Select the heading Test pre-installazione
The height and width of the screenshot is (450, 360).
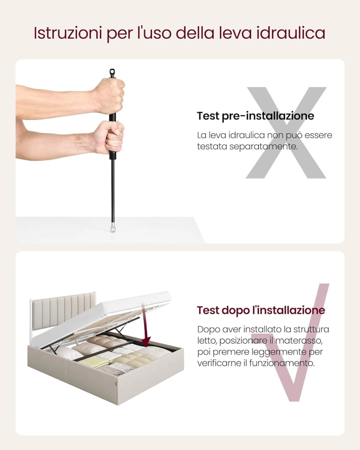click(x=255, y=116)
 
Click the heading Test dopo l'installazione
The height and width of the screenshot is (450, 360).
click(x=261, y=310)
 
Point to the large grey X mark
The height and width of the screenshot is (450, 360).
click(x=286, y=133)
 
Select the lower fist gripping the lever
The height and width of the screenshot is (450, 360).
click(x=109, y=137)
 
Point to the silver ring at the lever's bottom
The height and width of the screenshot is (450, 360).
click(x=113, y=229)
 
